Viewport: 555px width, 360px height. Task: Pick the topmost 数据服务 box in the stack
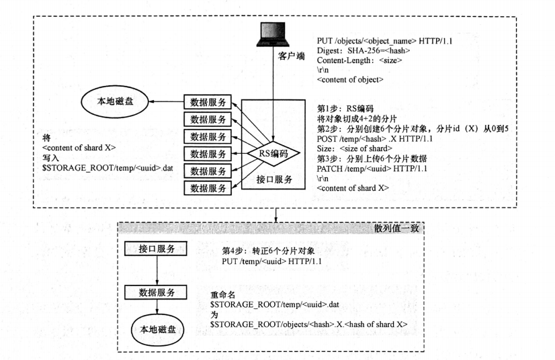coord(208,103)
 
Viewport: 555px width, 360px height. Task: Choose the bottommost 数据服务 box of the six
coord(208,187)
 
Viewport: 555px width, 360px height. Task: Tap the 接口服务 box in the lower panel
coord(157,249)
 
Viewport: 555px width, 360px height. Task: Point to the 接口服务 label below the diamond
coord(273,179)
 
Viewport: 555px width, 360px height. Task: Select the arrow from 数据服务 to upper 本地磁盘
coord(167,102)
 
